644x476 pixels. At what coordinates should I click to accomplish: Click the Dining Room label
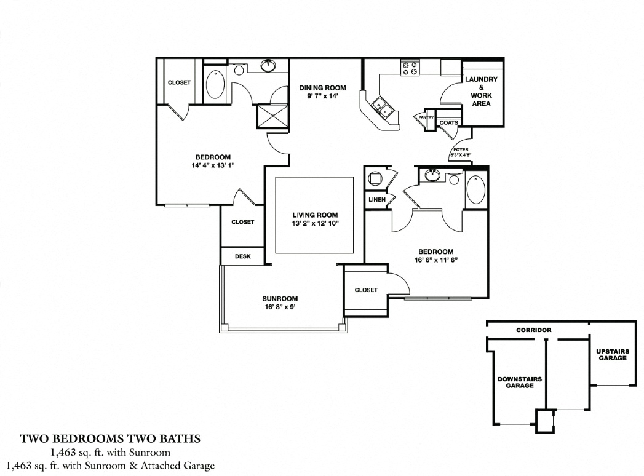click(x=322, y=87)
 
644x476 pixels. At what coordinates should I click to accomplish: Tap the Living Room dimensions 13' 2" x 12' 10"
click(x=315, y=223)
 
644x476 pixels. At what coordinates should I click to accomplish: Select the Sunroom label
click(x=280, y=299)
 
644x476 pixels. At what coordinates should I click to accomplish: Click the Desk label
click(x=243, y=256)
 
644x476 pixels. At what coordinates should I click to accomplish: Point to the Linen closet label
click(x=377, y=200)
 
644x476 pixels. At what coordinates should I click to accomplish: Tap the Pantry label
click(x=426, y=117)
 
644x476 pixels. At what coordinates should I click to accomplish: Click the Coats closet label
click(x=448, y=122)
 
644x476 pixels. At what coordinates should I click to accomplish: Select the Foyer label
click(x=461, y=150)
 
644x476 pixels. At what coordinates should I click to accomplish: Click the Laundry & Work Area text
click(x=482, y=91)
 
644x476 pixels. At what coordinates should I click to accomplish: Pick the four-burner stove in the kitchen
click(x=410, y=68)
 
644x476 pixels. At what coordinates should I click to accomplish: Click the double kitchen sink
click(x=383, y=108)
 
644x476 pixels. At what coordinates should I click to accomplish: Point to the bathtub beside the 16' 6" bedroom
click(x=476, y=189)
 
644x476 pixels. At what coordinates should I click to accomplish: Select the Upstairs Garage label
click(x=613, y=355)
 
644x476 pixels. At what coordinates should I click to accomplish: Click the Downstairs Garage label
click(x=520, y=383)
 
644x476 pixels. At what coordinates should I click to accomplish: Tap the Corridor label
click(x=533, y=330)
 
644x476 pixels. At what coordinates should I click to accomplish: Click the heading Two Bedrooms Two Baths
click(x=111, y=438)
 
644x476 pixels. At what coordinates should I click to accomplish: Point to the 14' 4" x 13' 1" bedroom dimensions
click(x=213, y=165)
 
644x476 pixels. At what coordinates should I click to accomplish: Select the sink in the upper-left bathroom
click(x=269, y=65)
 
